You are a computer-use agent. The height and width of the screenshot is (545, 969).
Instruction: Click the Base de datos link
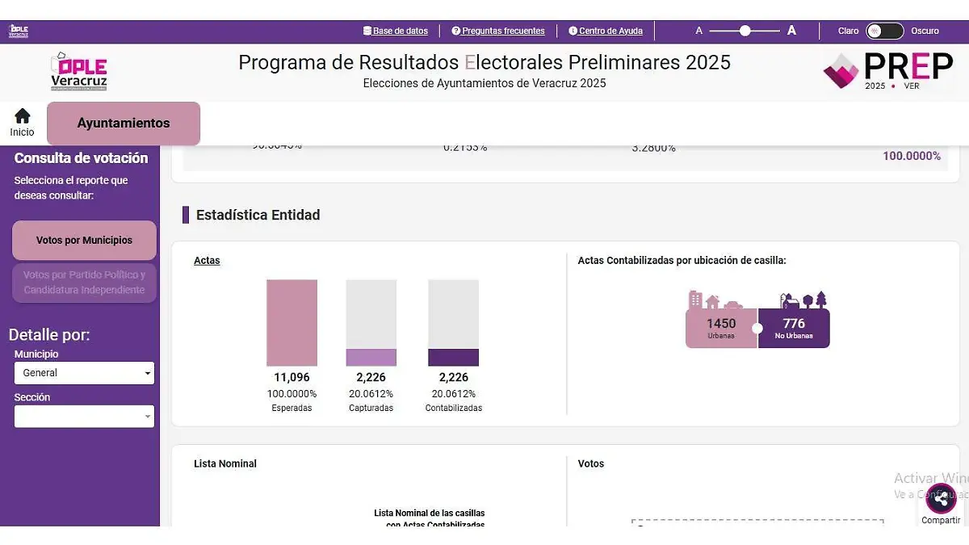396,31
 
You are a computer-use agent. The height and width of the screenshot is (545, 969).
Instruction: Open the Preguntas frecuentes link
498,31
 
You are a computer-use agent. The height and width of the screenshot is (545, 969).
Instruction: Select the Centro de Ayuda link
606,31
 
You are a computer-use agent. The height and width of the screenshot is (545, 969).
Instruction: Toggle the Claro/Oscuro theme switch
884,31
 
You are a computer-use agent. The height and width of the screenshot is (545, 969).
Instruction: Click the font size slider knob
745,31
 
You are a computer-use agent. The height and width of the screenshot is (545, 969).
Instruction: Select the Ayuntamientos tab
124,124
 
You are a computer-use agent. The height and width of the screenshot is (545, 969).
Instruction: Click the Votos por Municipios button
84,240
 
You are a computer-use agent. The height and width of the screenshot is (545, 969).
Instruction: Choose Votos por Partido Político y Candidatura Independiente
84,283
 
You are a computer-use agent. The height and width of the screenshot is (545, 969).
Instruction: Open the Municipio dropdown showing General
84,373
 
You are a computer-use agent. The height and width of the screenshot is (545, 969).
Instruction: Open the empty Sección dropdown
84,417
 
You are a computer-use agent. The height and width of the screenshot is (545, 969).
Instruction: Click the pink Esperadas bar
292,323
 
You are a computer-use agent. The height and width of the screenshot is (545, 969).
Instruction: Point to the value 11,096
292,377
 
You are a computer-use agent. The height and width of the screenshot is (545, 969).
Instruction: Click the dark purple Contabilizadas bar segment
453,358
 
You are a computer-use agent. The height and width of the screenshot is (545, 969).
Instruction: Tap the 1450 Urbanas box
721,328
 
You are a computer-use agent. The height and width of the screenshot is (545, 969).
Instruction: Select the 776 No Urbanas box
794,328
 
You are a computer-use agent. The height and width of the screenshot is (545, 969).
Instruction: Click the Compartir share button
941,499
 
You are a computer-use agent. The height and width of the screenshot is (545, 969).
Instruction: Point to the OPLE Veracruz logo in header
78,72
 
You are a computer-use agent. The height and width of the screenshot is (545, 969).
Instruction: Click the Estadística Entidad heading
258,215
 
